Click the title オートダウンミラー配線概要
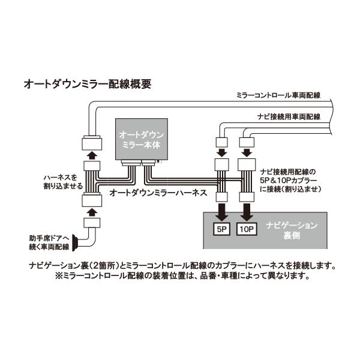tap(86, 84)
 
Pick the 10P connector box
tap(246, 229)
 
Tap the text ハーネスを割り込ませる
tap(62, 181)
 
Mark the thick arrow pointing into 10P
tap(246, 211)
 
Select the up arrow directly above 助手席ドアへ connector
tap(92, 211)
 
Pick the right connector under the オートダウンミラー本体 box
tap(149, 162)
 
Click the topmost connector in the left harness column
tap(92, 144)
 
